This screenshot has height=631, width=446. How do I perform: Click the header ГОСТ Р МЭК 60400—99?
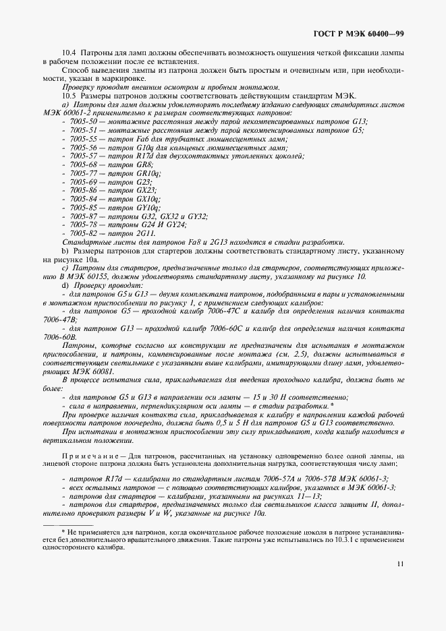click(359, 33)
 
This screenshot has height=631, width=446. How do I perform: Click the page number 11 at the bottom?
click(400, 564)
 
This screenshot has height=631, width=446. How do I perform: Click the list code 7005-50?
click(84, 121)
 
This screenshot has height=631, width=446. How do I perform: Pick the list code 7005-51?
click(84, 129)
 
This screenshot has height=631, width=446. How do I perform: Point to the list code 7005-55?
click(84, 138)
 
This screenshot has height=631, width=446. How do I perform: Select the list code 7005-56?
click(84, 147)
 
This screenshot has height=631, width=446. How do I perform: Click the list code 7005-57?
click(84, 156)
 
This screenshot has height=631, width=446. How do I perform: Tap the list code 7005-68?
click(84, 164)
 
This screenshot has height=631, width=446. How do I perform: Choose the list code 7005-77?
click(84, 173)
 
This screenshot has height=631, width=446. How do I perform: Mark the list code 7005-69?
click(84, 182)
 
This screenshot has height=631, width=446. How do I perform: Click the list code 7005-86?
click(84, 191)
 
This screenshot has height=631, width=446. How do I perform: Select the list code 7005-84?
click(84, 200)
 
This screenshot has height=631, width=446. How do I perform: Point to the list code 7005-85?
click(84, 208)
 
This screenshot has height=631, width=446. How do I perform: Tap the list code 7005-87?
click(84, 216)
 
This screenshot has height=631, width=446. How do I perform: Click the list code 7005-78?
click(84, 224)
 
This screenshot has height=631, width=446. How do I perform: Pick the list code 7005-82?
click(84, 233)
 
